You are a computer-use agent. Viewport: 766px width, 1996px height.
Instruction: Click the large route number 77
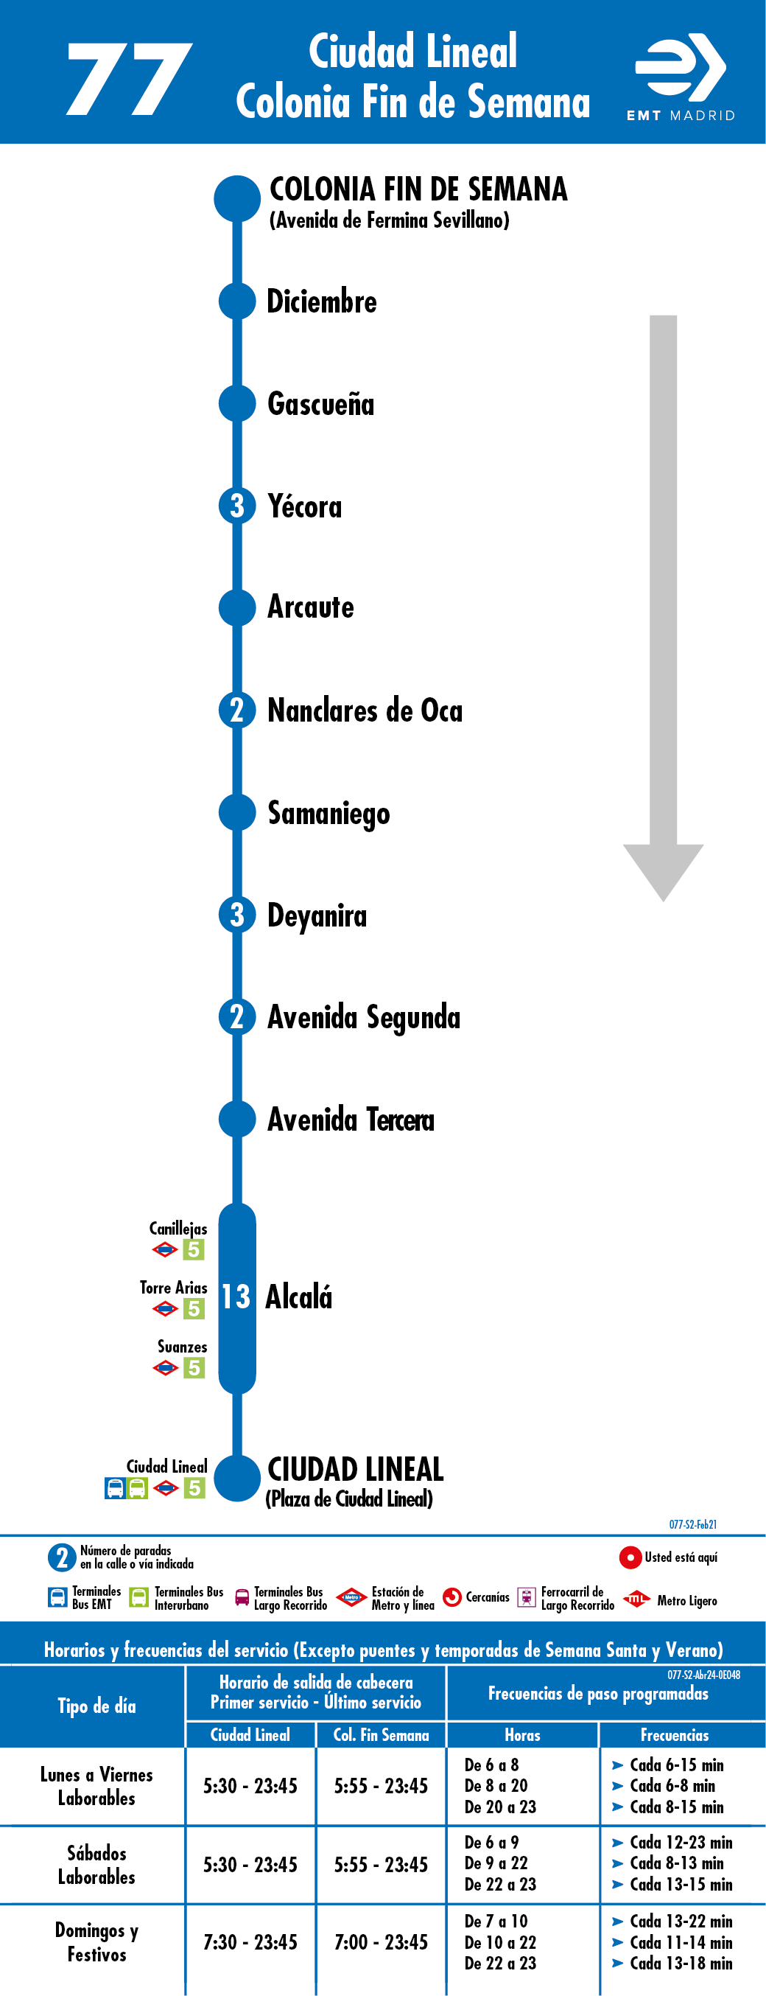click(130, 79)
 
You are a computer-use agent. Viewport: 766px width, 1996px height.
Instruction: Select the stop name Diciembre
click(321, 301)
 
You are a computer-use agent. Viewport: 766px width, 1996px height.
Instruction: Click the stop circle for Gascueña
click(237, 403)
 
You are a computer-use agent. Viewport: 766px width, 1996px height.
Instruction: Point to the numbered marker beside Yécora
click(237, 506)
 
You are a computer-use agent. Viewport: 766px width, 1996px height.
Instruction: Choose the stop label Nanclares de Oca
click(365, 711)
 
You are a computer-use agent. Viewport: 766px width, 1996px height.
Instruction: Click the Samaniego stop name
click(328, 814)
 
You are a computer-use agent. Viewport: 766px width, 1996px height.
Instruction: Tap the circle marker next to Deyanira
click(237, 915)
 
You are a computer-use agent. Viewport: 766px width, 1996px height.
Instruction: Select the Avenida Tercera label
click(351, 1120)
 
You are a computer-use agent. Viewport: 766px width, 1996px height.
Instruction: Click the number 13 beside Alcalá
click(236, 1297)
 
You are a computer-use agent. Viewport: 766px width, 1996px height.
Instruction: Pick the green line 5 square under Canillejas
click(194, 1249)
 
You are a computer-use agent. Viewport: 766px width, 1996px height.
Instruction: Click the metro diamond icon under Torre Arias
click(166, 1309)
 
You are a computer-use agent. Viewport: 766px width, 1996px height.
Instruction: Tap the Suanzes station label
click(182, 1347)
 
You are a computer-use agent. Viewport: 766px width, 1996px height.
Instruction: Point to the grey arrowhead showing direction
click(663, 873)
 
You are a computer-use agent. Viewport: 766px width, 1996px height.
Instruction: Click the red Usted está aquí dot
click(630, 1557)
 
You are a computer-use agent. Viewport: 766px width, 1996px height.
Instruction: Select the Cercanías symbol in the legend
click(452, 1597)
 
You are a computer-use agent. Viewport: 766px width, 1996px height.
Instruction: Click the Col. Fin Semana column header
click(381, 1735)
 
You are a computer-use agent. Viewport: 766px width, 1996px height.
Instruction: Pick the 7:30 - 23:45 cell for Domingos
click(250, 1942)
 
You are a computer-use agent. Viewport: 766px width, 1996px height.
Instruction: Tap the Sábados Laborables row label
click(96, 1865)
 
